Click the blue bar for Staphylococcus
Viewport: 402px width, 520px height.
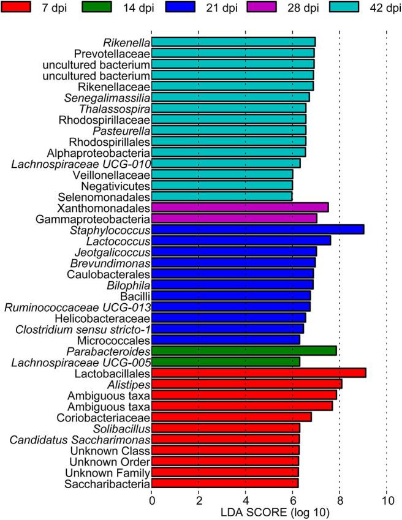pos(257,230)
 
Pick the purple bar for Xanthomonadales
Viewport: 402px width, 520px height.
pos(240,208)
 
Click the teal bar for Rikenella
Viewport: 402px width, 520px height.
pos(233,42)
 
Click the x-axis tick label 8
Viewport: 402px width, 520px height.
pos(339,499)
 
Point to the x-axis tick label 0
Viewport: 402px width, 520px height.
pos(151,499)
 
